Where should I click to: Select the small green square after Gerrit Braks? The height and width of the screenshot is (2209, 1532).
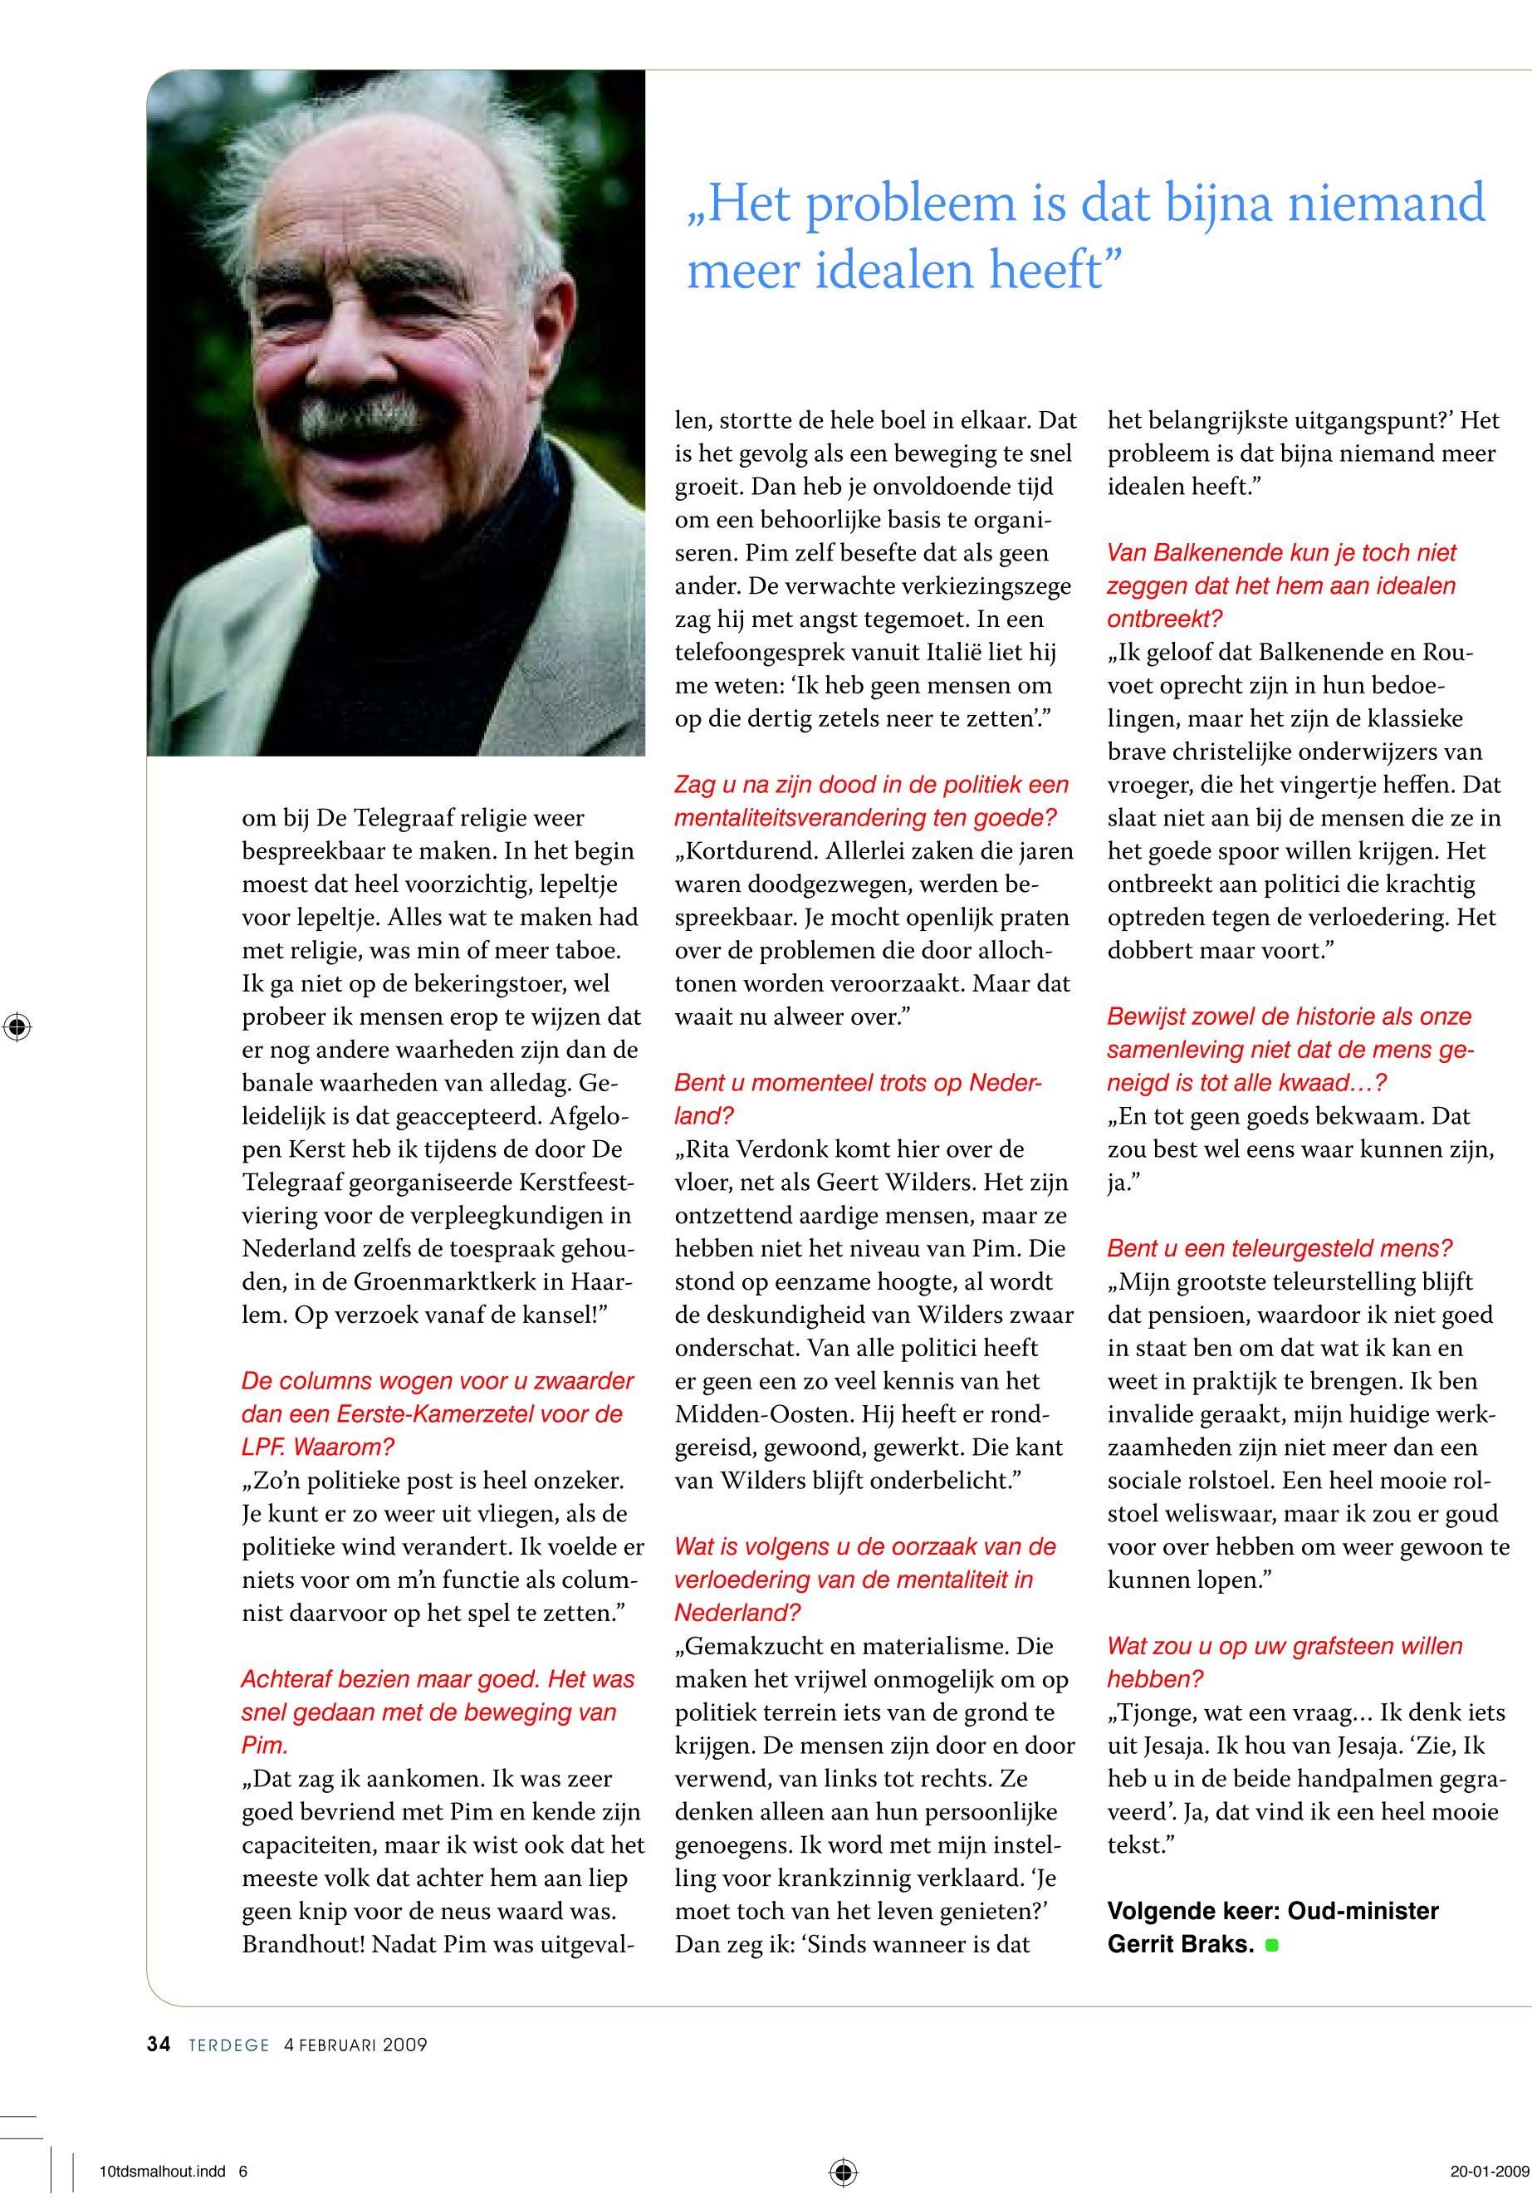click(1273, 1946)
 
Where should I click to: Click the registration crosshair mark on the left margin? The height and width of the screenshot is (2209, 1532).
click(17, 1027)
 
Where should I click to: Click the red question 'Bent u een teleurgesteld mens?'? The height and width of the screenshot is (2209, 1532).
click(1280, 1249)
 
